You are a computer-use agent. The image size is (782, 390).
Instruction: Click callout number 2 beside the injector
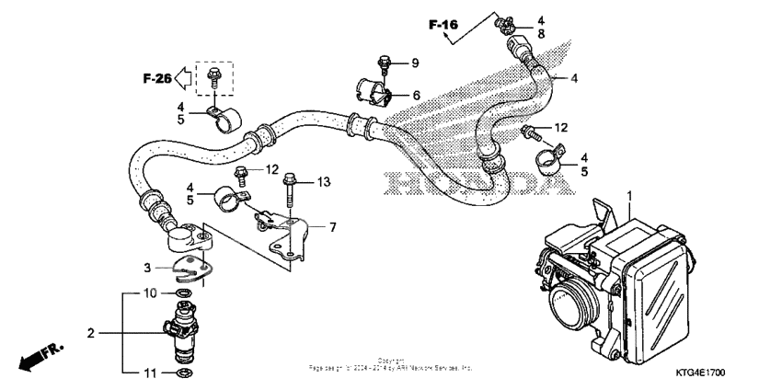[x=91, y=332]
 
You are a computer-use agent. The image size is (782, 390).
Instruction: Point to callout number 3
[x=145, y=268]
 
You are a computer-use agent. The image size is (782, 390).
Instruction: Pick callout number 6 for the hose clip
[x=416, y=95]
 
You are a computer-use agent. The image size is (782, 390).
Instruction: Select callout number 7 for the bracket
[x=332, y=225]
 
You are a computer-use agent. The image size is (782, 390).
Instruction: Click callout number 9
[x=415, y=63]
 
